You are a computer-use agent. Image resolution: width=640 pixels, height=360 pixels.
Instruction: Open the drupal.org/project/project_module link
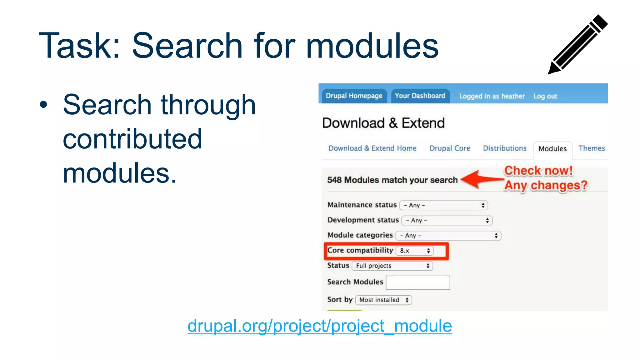pos(320,326)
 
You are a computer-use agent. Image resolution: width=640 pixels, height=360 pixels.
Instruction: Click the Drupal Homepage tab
pos(354,96)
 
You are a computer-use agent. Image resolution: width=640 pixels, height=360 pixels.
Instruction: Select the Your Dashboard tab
pos(420,96)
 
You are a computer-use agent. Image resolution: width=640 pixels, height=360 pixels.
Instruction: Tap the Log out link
pos(545,96)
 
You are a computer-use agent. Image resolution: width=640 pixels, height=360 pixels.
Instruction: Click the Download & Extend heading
pos(383,123)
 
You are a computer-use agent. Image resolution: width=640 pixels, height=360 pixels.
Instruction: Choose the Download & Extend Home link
pos(372,148)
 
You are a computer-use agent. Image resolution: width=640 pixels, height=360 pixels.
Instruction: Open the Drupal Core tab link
pos(450,148)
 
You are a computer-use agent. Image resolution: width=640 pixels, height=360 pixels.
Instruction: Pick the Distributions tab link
pos(505,148)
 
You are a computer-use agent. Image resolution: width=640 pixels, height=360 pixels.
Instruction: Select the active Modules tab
pos(552,149)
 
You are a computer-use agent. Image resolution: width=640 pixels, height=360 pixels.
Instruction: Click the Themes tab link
pos(592,148)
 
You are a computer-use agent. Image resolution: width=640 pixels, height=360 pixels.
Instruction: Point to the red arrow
pos(481,179)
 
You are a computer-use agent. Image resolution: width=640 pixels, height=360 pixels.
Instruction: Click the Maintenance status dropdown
pos(444,205)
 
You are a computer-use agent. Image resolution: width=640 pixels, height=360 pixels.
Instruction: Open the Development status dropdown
pos(447,221)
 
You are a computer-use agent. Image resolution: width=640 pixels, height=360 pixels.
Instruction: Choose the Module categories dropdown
pos(448,236)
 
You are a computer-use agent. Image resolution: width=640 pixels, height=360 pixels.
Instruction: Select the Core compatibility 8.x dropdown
pos(414,251)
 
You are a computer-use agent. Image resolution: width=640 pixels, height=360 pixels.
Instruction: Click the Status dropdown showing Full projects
pos(392,266)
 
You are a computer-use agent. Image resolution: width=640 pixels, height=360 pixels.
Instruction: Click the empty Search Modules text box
pos(418,282)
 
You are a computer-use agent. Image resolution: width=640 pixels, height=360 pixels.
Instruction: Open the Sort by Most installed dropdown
pos(383,300)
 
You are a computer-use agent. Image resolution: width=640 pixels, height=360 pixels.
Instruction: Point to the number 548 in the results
pos(334,180)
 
